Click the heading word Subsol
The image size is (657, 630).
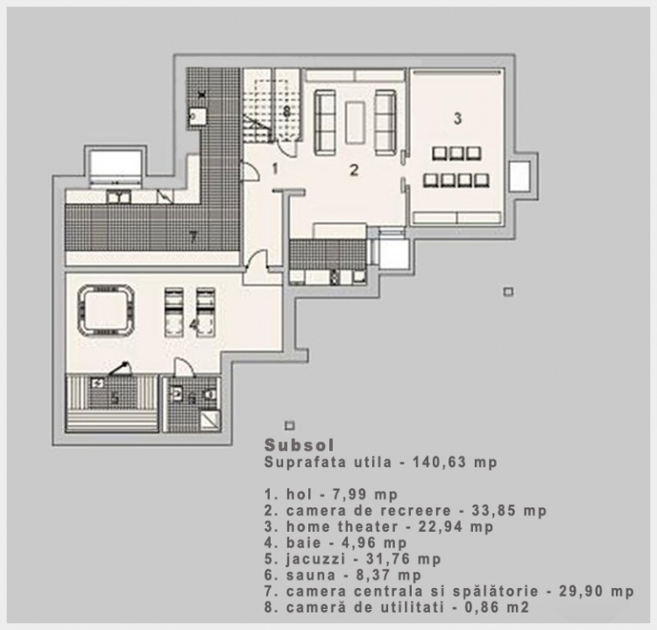300,445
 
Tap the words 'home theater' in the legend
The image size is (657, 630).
342,527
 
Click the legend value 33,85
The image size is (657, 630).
492,511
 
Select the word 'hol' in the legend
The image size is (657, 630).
300,494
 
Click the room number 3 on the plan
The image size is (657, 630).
457,118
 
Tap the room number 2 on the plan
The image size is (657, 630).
354,170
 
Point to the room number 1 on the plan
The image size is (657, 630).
275,169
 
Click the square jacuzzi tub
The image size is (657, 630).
106,309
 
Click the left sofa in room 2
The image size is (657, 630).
325,122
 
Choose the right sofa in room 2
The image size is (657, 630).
385,122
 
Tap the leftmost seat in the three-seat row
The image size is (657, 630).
441,153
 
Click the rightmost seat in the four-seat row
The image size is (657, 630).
482,181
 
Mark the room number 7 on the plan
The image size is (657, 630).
193,237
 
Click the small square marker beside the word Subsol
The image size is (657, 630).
289,426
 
